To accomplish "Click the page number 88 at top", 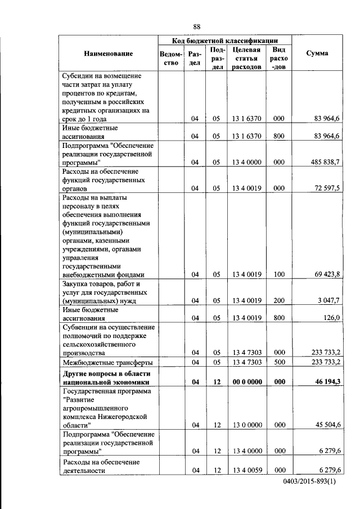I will [x=197, y=26].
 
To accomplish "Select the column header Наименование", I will [x=109, y=53].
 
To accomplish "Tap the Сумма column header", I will [x=317, y=53].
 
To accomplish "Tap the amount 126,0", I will [x=330, y=318].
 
